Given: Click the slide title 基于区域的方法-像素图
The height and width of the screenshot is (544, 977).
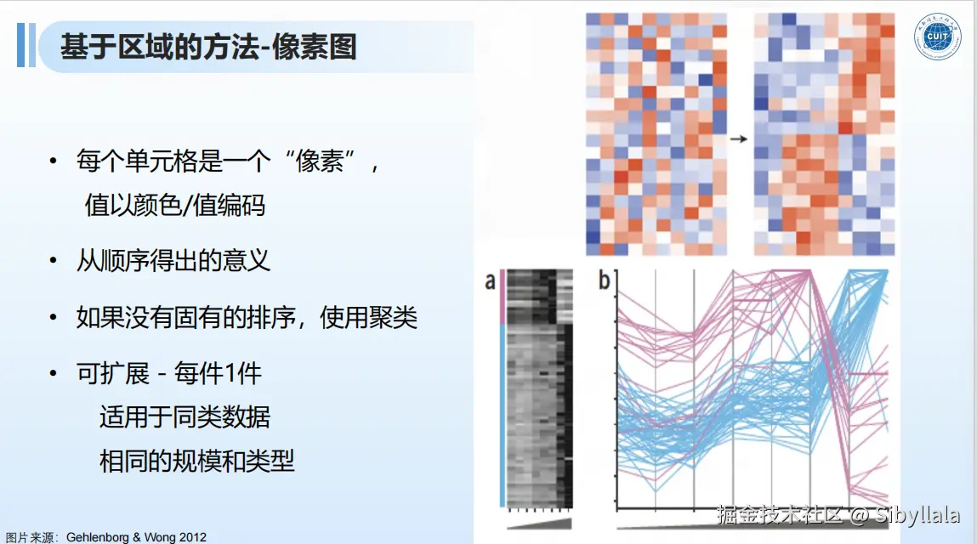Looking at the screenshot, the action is point(208,47).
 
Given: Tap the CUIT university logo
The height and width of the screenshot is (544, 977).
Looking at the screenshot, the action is point(937,37).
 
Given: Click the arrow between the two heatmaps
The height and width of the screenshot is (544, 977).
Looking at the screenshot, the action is point(738,139).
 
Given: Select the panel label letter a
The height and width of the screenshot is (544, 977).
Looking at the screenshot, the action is point(491,281).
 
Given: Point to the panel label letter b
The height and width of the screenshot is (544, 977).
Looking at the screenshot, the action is point(604,280).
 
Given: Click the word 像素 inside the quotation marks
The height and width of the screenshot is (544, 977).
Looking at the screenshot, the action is point(319,161).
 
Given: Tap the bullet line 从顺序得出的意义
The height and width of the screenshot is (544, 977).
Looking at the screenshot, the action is point(173,260).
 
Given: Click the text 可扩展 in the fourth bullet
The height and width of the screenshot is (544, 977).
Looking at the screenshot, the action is point(113,373).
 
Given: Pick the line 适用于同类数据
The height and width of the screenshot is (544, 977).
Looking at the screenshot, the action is point(185,416).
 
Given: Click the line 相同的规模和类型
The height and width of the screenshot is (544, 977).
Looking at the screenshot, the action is point(197,461).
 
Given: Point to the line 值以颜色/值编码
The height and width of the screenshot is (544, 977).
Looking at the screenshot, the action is point(175,205).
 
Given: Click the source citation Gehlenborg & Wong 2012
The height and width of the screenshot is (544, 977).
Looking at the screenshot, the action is point(136,536).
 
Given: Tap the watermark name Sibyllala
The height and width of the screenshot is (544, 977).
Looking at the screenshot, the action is point(917,515).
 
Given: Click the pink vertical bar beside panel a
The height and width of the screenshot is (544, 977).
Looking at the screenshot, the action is point(502,297).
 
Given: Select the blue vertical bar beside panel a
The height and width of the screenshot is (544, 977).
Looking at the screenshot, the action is point(502,416).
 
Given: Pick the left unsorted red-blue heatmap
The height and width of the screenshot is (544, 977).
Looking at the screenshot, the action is point(656,134).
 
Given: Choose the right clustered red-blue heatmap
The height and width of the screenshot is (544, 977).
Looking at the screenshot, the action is point(824,134).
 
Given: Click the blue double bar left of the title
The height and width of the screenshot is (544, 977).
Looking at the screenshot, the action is point(26,45).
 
